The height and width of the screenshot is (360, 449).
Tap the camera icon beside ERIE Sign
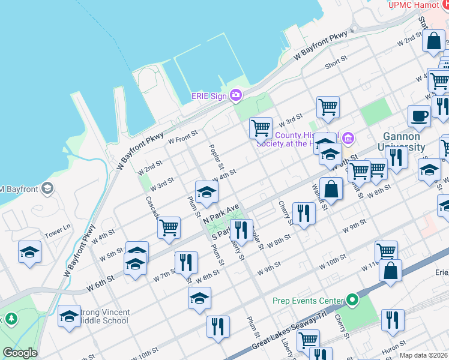pos(236,95)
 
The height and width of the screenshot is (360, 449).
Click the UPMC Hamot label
pos(413,5)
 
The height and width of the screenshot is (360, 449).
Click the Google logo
pos(20,353)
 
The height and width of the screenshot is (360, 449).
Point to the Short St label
pos(336,62)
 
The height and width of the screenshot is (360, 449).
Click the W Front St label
pos(182,137)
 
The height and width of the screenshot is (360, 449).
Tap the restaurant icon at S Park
pos(241,229)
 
